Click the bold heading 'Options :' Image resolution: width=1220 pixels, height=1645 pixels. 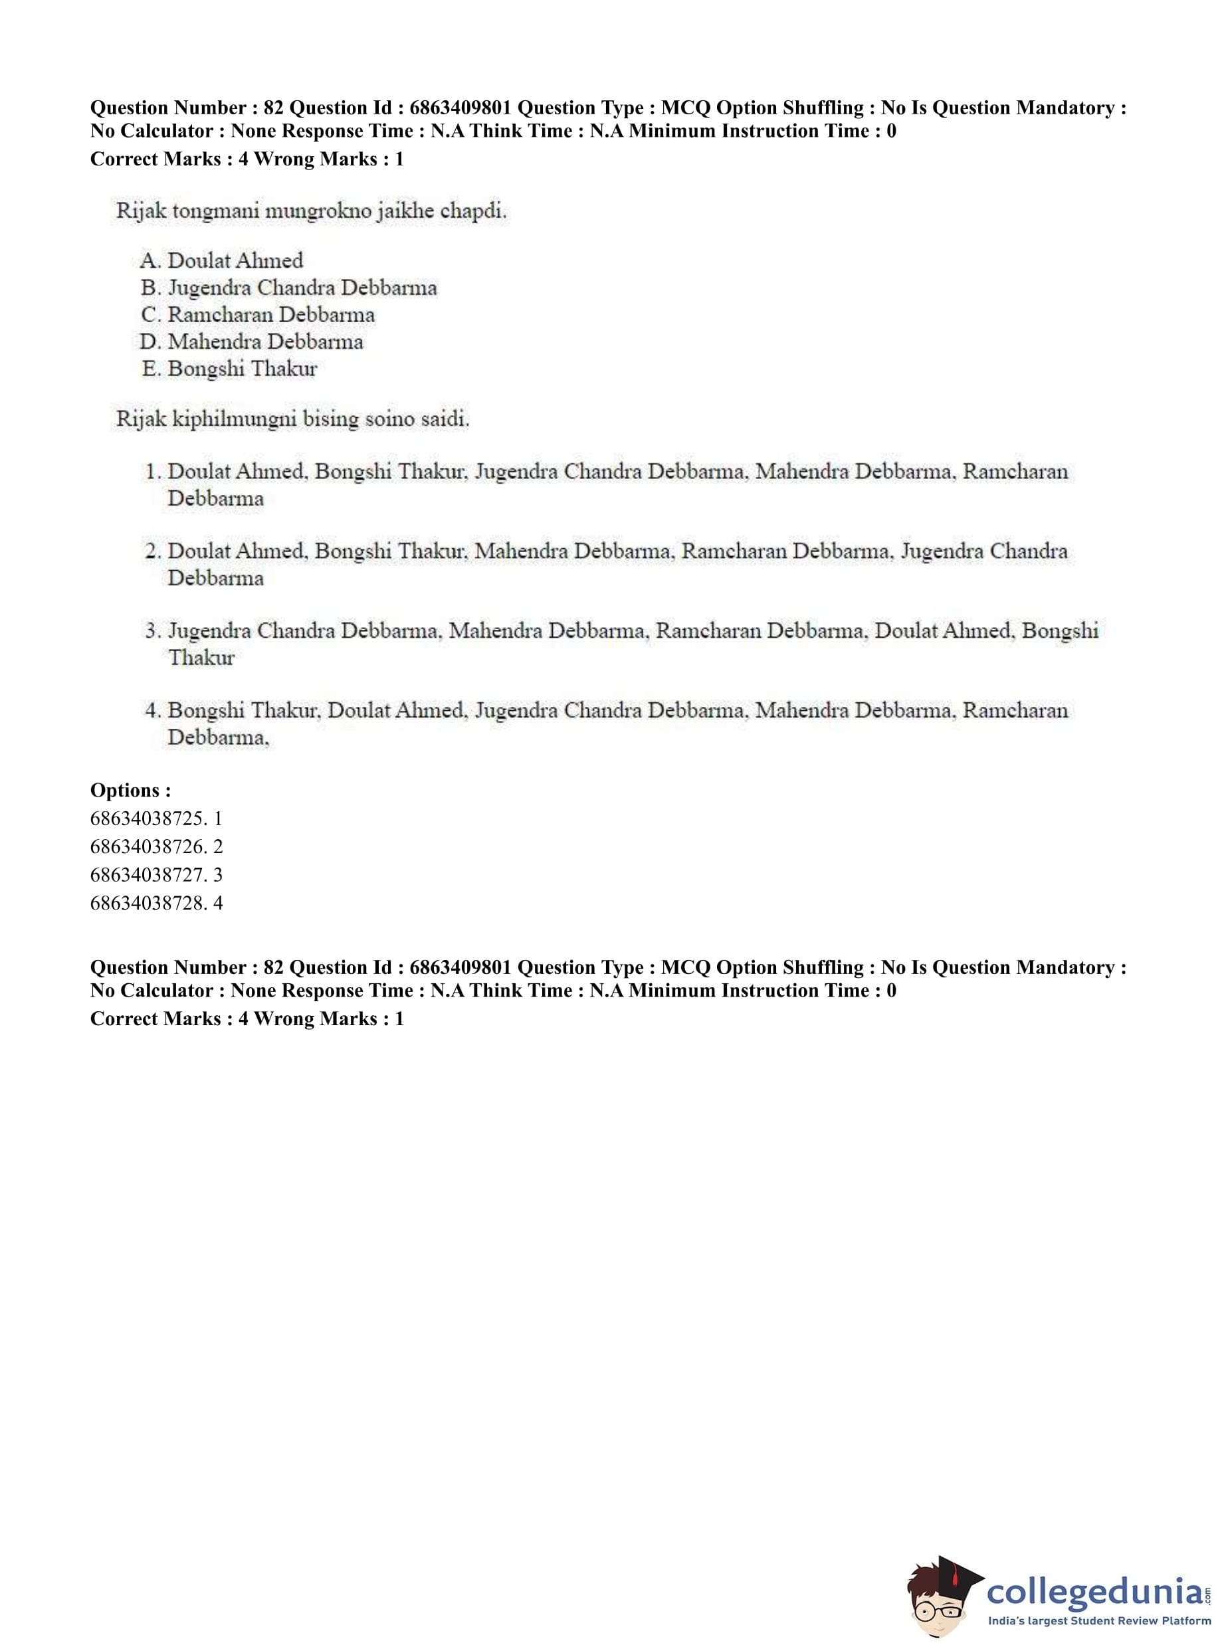coord(131,790)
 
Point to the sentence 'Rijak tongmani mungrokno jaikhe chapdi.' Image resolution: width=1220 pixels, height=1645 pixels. coord(311,211)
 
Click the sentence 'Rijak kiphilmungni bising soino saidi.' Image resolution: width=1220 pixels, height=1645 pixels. coord(292,419)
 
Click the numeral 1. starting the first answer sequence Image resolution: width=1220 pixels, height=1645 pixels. coord(152,472)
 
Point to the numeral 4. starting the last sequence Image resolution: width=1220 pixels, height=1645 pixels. coord(152,711)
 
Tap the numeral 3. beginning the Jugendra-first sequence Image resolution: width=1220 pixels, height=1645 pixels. coord(152,631)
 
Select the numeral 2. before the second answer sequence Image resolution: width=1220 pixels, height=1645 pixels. coord(152,551)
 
